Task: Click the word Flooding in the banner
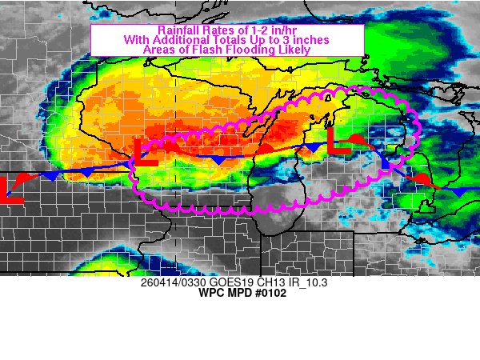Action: pos(244,49)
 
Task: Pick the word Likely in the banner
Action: pos(291,49)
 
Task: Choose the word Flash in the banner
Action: pos(201,49)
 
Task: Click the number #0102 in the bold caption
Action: pos(267,294)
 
